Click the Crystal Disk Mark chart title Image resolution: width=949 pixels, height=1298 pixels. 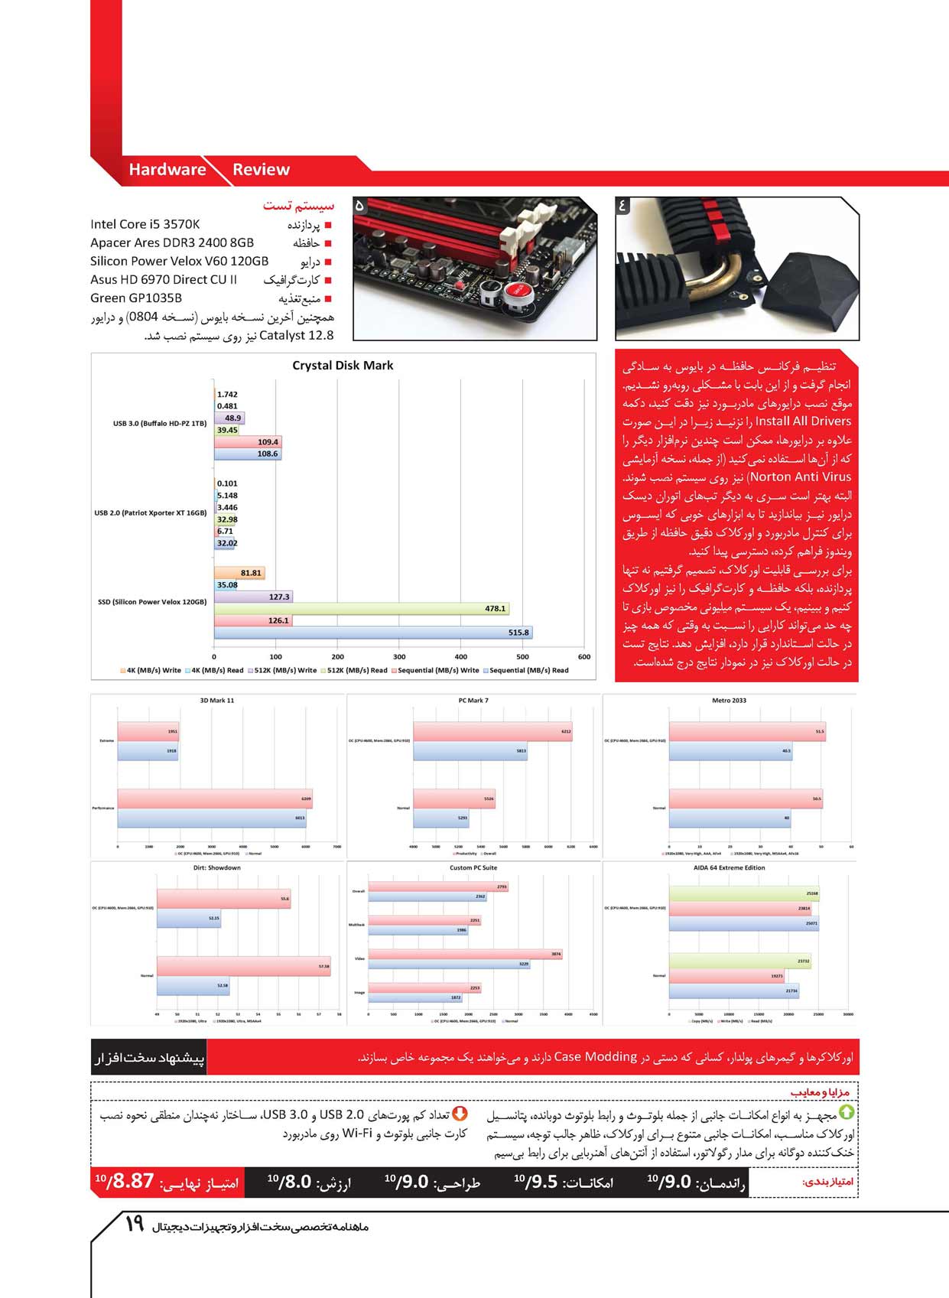click(x=343, y=366)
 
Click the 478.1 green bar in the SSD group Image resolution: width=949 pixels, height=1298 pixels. click(x=361, y=609)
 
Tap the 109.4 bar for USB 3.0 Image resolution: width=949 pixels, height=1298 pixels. click(x=248, y=442)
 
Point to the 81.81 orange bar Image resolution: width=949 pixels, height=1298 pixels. click(x=239, y=573)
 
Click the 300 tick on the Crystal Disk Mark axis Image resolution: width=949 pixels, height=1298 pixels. click(x=399, y=656)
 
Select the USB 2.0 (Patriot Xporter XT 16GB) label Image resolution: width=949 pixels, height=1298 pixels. click(x=151, y=513)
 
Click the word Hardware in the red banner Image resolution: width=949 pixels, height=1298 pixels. click(x=167, y=170)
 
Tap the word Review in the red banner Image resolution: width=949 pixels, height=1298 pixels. click(x=261, y=170)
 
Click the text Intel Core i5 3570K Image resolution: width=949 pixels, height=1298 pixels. click(x=145, y=224)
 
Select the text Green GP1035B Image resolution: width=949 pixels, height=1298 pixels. click(x=136, y=298)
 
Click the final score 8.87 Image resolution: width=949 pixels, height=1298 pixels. click(x=133, y=1182)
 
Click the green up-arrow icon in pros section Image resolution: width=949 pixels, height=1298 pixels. click(x=847, y=1113)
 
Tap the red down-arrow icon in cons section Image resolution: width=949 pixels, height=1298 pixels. click(x=460, y=1114)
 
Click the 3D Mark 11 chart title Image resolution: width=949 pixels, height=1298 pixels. click(x=217, y=701)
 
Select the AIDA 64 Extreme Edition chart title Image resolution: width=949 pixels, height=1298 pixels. click(x=729, y=868)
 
